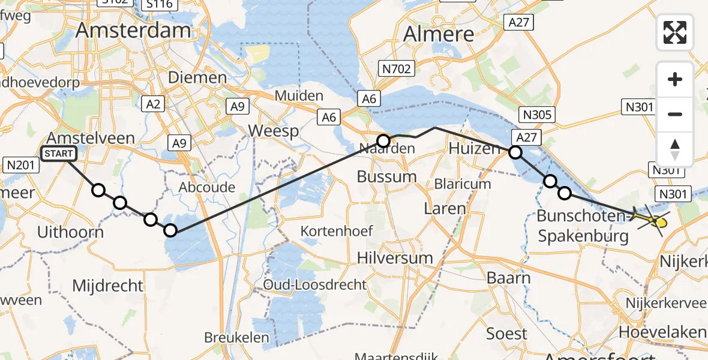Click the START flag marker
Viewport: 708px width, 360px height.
click(x=59, y=154)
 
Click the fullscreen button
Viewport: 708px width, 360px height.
click(x=675, y=32)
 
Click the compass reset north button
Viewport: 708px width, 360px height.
click(x=675, y=149)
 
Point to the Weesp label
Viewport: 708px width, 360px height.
click(x=274, y=131)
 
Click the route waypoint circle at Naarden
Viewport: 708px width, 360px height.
click(x=383, y=141)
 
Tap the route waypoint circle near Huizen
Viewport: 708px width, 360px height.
click(x=515, y=152)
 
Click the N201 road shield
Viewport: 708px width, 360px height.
click(x=19, y=164)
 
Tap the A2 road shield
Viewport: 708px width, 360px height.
click(x=153, y=104)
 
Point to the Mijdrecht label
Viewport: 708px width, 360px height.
click(x=108, y=286)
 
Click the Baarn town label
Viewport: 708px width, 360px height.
click(x=509, y=278)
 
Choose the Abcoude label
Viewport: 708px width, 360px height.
click(x=207, y=187)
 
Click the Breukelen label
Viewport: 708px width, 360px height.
click(x=236, y=338)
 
